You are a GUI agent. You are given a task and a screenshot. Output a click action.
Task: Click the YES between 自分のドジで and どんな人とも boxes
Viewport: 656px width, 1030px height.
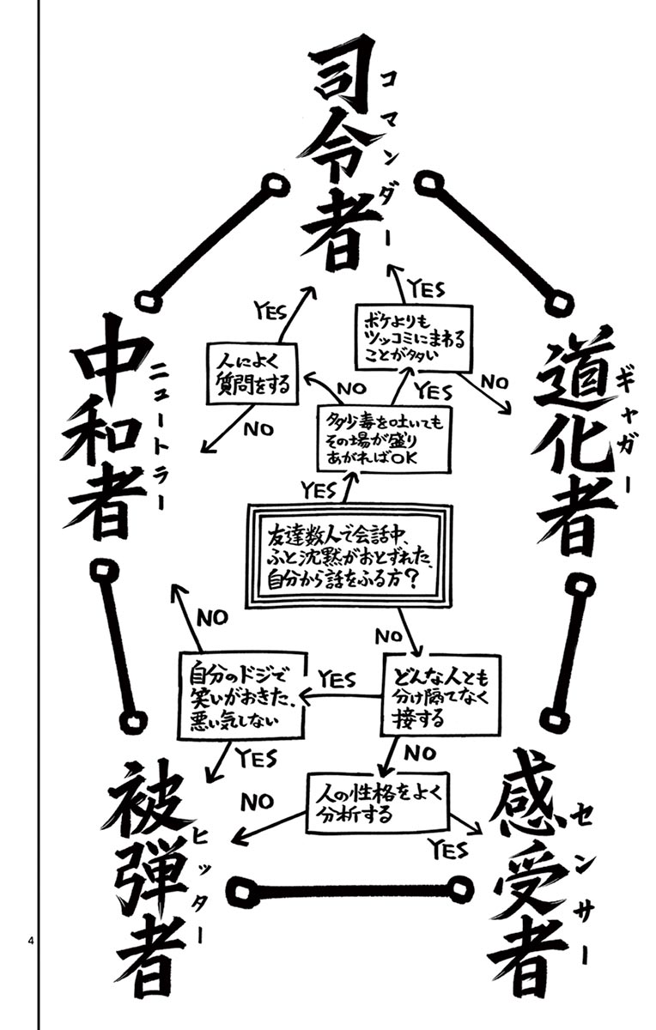click(336, 679)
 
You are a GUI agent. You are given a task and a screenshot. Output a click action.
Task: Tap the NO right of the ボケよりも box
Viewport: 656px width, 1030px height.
click(495, 383)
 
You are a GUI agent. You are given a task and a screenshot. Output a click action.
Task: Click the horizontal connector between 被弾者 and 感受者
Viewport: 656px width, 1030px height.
click(353, 890)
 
